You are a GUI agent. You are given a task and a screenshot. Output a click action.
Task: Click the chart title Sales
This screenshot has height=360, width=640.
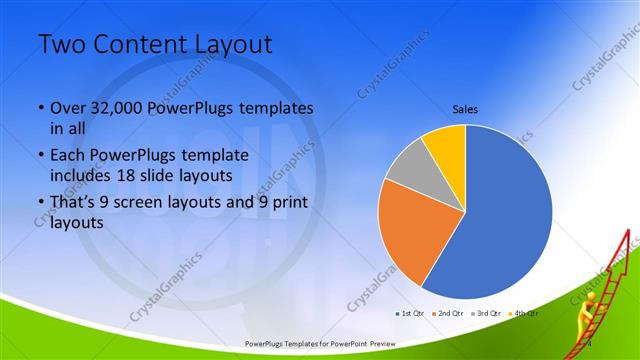pyautogui.click(x=465, y=107)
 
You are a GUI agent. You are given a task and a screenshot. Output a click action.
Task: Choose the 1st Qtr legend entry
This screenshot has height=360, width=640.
pyautogui.click(x=413, y=313)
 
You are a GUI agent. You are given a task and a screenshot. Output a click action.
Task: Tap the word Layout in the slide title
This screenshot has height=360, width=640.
pyautogui.click(x=231, y=46)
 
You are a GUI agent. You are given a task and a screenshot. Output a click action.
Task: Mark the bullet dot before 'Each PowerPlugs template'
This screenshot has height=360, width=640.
pyautogui.click(x=40, y=157)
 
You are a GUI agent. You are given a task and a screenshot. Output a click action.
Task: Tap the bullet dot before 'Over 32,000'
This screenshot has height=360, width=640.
pyautogui.click(x=40, y=108)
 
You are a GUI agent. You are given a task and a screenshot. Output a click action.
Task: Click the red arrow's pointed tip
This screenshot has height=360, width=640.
pyautogui.click(x=629, y=232)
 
